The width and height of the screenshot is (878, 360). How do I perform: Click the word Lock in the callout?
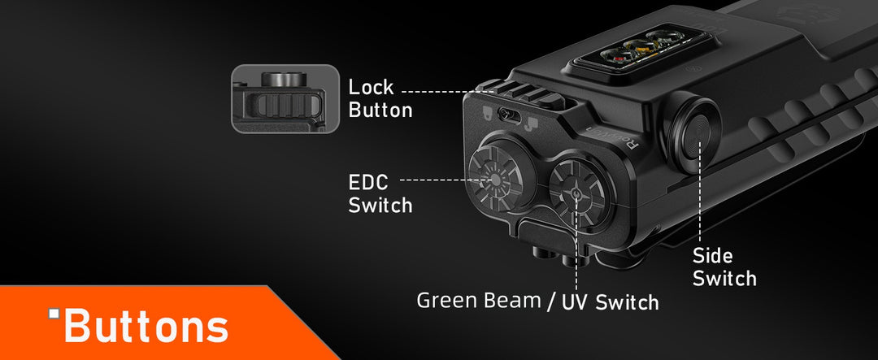click(371, 87)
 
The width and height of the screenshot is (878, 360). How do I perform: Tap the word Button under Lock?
click(380, 110)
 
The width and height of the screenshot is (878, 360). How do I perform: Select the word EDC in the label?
click(368, 183)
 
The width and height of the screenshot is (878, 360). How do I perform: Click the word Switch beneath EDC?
click(380, 205)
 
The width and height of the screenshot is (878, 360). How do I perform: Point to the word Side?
click(712, 256)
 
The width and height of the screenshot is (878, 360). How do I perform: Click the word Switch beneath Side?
click(724, 278)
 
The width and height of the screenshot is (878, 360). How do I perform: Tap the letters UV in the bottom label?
click(575, 301)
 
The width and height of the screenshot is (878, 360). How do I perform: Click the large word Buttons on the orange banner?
click(146, 326)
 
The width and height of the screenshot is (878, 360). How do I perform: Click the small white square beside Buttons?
click(54, 314)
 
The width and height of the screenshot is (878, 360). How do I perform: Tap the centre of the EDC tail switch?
click(495, 179)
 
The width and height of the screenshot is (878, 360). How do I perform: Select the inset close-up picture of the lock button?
click(285, 99)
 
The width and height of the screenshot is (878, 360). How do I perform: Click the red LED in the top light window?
click(619, 57)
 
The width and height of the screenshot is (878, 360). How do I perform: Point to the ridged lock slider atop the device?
click(529, 93)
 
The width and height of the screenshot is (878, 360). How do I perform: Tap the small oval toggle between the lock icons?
click(510, 116)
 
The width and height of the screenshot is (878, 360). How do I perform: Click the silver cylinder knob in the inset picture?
click(284, 79)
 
